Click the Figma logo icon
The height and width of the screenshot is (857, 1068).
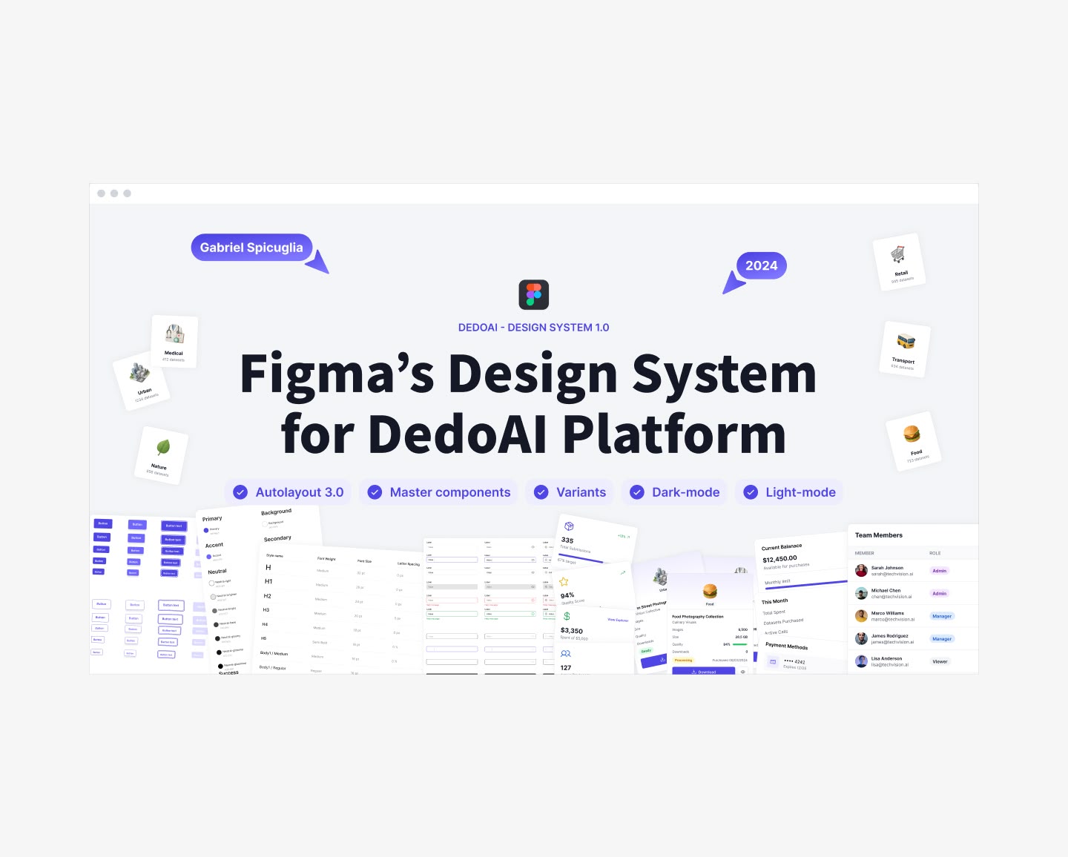coord(533,294)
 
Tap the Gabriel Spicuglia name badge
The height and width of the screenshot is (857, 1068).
coord(251,248)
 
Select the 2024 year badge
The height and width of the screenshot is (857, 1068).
coord(761,265)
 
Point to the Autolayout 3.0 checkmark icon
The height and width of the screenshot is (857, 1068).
coord(240,492)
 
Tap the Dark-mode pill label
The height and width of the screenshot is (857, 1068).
coord(685,492)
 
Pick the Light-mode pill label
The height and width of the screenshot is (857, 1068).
coord(800,492)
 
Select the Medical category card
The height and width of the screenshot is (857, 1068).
coord(174,341)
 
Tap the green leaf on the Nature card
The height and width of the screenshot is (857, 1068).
coord(163,447)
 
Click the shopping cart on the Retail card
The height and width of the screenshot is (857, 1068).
coord(898,254)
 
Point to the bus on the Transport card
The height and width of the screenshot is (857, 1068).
coord(906,341)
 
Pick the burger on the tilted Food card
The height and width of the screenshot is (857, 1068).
coord(912,433)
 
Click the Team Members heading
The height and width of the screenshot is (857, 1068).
coord(879,535)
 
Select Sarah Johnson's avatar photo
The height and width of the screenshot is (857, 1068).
coord(861,570)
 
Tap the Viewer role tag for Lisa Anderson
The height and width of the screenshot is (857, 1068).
coord(940,661)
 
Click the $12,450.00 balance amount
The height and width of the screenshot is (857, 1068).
coord(779,558)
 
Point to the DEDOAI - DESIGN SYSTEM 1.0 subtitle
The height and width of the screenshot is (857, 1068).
coord(533,328)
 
